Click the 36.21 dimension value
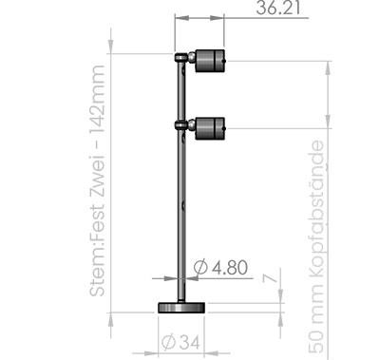tap(278, 8)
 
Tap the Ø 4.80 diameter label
tap(220, 268)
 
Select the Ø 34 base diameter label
tap(180, 342)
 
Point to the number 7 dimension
tap(270, 278)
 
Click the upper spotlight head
tap(210, 61)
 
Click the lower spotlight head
tap(210, 128)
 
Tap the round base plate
tap(181, 308)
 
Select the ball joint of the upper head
tap(192, 58)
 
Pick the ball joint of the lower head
tap(192, 124)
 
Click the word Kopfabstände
tap(316, 209)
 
